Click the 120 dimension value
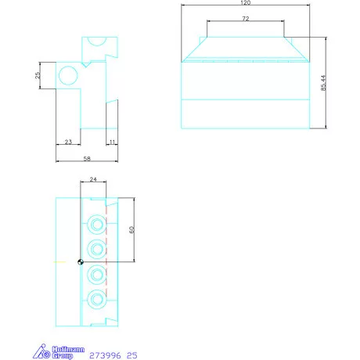click(245, 2)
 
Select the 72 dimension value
click(246, 19)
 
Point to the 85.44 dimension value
click(323, 83)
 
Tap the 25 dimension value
click(38, 75)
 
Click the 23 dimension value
click(68, 142)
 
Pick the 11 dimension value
click(112, 142)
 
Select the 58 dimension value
click(87, 158)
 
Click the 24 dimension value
click(93, 179)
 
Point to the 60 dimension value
click(131, 229)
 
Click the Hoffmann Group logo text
click(68, 352)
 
